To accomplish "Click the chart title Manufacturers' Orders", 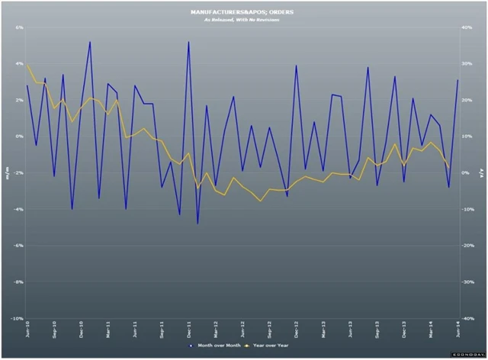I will (242, 12).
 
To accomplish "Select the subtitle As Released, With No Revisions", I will (242, 20).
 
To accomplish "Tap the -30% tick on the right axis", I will (473, 281).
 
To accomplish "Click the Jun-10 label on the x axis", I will (28, 330).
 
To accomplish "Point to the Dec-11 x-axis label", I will (188, 330).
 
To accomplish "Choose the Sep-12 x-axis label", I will (269, 330).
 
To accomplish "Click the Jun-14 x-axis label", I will (457, 330).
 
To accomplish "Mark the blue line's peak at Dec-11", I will (188, 42).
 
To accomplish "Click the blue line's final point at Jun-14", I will (457, 80).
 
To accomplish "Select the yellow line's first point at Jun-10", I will (27, 65).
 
